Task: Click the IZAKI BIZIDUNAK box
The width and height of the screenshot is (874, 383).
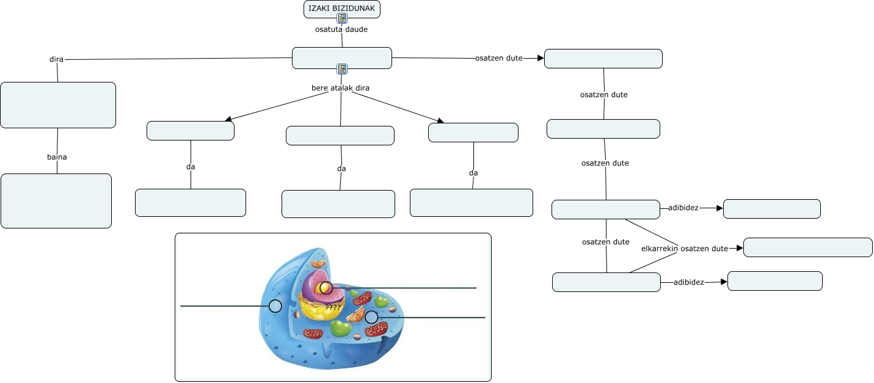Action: click(341, 9)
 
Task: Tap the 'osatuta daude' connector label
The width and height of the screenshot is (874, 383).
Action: click(341, 29)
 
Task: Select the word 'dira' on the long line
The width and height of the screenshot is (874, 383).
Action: click(56, 59)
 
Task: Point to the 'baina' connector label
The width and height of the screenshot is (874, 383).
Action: click(57, 157)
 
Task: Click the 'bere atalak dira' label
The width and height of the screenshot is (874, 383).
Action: click(340, 88)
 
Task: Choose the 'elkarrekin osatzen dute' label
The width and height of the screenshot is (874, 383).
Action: click(684, 249)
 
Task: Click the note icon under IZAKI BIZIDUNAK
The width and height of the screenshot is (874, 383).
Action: click(342, 18)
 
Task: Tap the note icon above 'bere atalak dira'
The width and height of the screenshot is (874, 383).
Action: click(342, 69)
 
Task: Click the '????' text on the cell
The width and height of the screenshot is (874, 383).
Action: click(333, 307)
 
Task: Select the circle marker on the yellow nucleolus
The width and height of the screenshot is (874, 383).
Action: click(326, 288)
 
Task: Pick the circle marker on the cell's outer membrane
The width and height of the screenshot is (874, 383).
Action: click(275, 306)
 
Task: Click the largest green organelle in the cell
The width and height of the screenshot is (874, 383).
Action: click(340, 328)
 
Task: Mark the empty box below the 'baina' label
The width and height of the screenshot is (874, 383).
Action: click(56, 201)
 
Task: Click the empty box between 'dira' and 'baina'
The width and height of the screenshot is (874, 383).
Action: click(58, 105)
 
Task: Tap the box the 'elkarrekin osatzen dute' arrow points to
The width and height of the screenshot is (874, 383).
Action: click(807, 247)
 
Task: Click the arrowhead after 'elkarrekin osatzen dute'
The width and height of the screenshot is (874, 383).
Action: click(739, 248)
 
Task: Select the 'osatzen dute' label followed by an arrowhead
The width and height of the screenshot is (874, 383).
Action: click(498, 58)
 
